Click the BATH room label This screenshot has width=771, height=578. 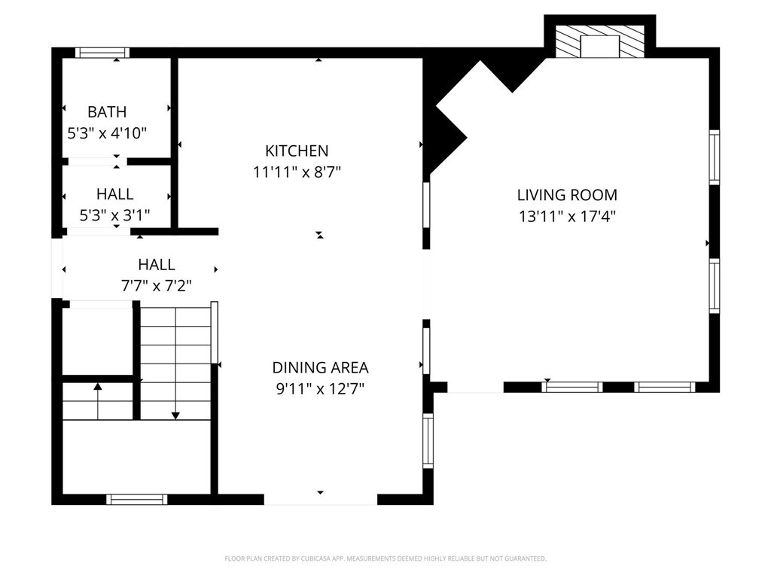tap(107, 112)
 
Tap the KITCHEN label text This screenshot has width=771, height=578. tap(297, 151)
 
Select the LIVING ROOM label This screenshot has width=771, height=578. tap(567, 195)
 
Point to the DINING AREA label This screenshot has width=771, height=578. tap(320, 367)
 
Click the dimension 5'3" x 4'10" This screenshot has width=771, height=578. tap(107, 133)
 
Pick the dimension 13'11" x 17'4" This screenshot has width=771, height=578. tap(567, 216)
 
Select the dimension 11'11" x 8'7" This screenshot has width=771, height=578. tap(297, 172)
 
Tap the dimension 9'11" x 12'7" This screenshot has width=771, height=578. tap(320, 389)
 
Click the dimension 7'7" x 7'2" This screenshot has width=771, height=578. tap(157, 285)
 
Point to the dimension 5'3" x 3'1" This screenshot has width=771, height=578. tap(114, 215)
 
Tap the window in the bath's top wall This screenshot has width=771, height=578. tap(102, 53)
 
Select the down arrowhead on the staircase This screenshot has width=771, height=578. tap(175, 415)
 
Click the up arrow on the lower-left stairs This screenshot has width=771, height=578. tap(98, 401)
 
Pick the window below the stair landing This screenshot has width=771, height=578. tap(137, 500)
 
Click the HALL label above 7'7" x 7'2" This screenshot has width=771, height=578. tap(157, 265)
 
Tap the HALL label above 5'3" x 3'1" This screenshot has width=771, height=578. tap(114, 194)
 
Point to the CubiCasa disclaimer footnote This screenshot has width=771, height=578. tap(385, 558)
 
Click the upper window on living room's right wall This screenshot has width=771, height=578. tap(714, 157)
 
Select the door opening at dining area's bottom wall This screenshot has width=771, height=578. tap(321, 500)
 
